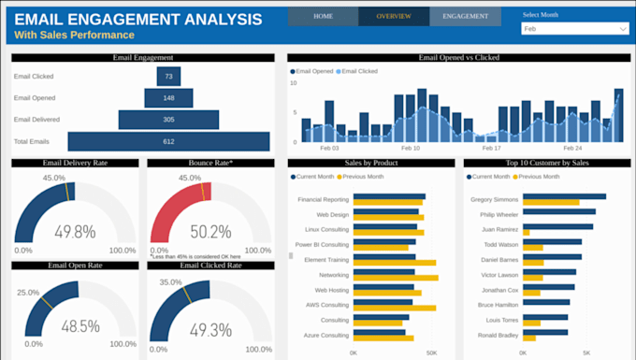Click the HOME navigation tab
click(323, 16)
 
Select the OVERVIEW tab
click(394, 16)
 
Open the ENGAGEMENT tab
click(465, 16)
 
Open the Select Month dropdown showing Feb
click(574, 29)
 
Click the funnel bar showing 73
click(169, 76)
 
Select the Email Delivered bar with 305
click(169, 119)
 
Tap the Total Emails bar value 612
click(169, 141)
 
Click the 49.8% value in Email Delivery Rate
click(76, 231)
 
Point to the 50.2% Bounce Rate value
click(211, 231)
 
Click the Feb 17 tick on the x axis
click(492, 148)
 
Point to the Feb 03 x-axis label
click(330, 148)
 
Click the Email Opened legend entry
click(314, 71)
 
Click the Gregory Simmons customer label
click(495, 199)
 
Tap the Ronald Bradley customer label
click(499, 335)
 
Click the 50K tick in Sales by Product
click(431, 353)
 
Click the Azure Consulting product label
click(325, 335)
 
